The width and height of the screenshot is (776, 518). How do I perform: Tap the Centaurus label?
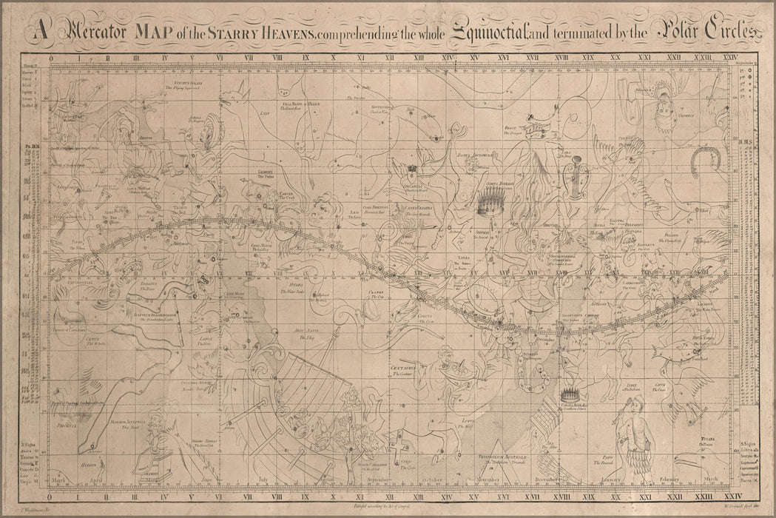[404, 367]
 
